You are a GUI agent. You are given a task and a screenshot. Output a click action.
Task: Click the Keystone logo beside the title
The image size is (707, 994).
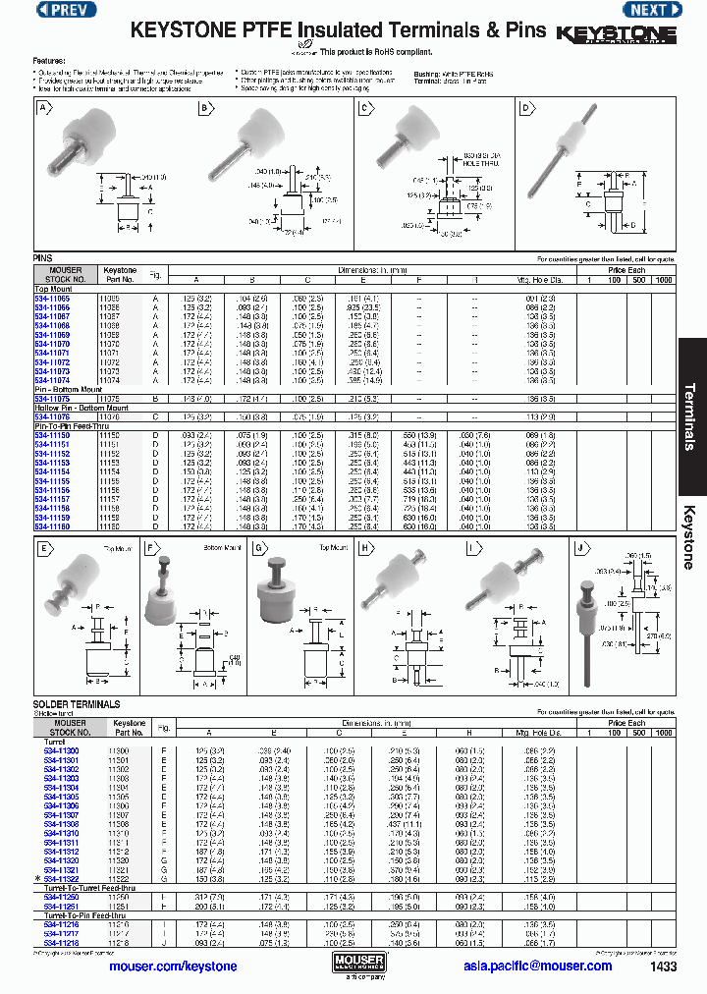click(616, 34)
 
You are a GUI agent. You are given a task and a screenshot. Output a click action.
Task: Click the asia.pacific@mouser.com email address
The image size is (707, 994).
click(539, 966)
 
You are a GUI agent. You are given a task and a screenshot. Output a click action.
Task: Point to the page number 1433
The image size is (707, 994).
click(664, 966)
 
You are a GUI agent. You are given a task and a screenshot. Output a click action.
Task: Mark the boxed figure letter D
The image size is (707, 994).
click(525, 109)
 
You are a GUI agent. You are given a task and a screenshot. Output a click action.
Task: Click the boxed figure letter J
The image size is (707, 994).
click(579, 548)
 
